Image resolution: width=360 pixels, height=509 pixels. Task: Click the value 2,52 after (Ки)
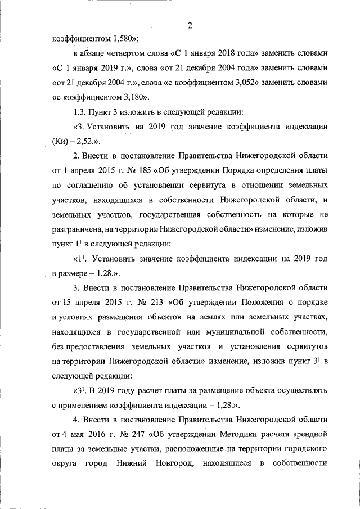(88, 141)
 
